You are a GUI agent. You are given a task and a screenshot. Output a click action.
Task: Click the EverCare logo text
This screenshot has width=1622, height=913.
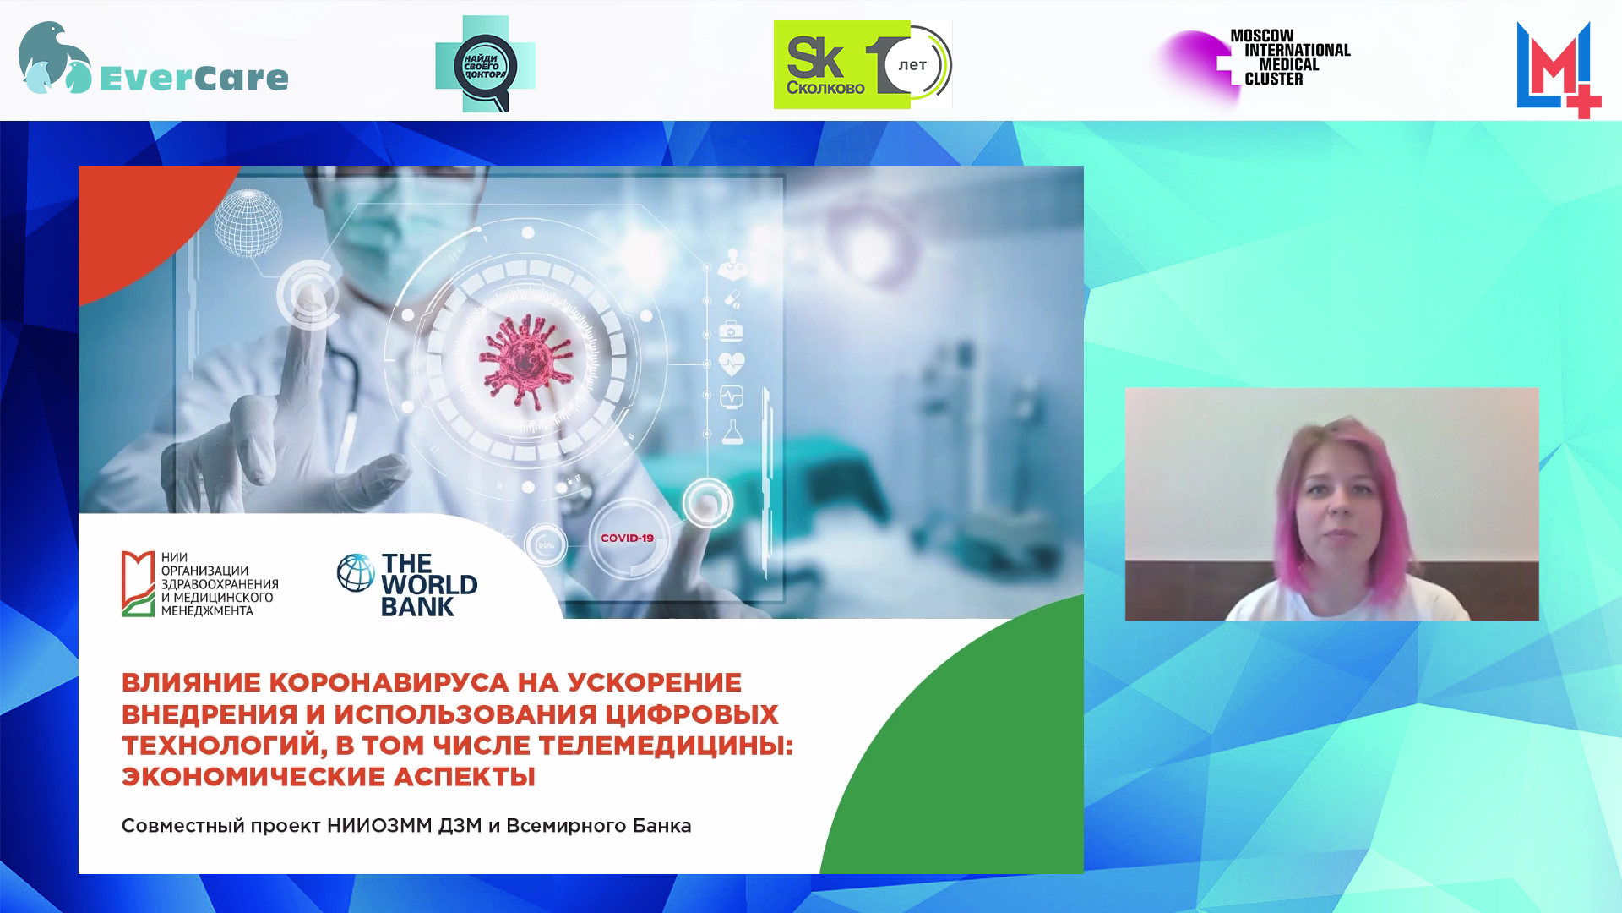pos(194,78)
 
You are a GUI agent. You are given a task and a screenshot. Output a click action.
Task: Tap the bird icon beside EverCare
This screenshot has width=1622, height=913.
pos(55,57)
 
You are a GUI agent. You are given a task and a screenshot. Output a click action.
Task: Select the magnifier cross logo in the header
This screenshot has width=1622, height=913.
pos(485,64)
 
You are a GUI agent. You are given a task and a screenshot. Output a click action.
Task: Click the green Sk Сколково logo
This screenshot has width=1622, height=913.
pos(841,65)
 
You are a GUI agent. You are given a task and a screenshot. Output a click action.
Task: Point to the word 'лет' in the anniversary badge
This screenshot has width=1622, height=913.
pos(913,65)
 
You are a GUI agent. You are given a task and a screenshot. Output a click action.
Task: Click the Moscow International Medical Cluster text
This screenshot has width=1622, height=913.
pos(1290,57)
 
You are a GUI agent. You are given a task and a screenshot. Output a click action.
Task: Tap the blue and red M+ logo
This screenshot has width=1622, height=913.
pos(1559,70)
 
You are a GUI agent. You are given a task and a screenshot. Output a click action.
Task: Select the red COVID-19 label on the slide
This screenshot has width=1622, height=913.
pos(627,538)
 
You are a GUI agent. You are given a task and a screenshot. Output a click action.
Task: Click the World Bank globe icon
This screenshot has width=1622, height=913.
pos(356,572)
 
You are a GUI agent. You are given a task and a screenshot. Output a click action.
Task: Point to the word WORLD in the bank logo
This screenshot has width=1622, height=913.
pos(429,585)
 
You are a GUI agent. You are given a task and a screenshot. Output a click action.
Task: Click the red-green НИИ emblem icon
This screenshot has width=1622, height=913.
pos(138,583)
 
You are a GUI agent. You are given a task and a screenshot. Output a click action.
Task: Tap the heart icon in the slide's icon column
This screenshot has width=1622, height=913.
pos(732,364)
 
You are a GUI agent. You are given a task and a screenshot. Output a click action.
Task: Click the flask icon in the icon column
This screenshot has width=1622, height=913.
pos(732,431)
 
